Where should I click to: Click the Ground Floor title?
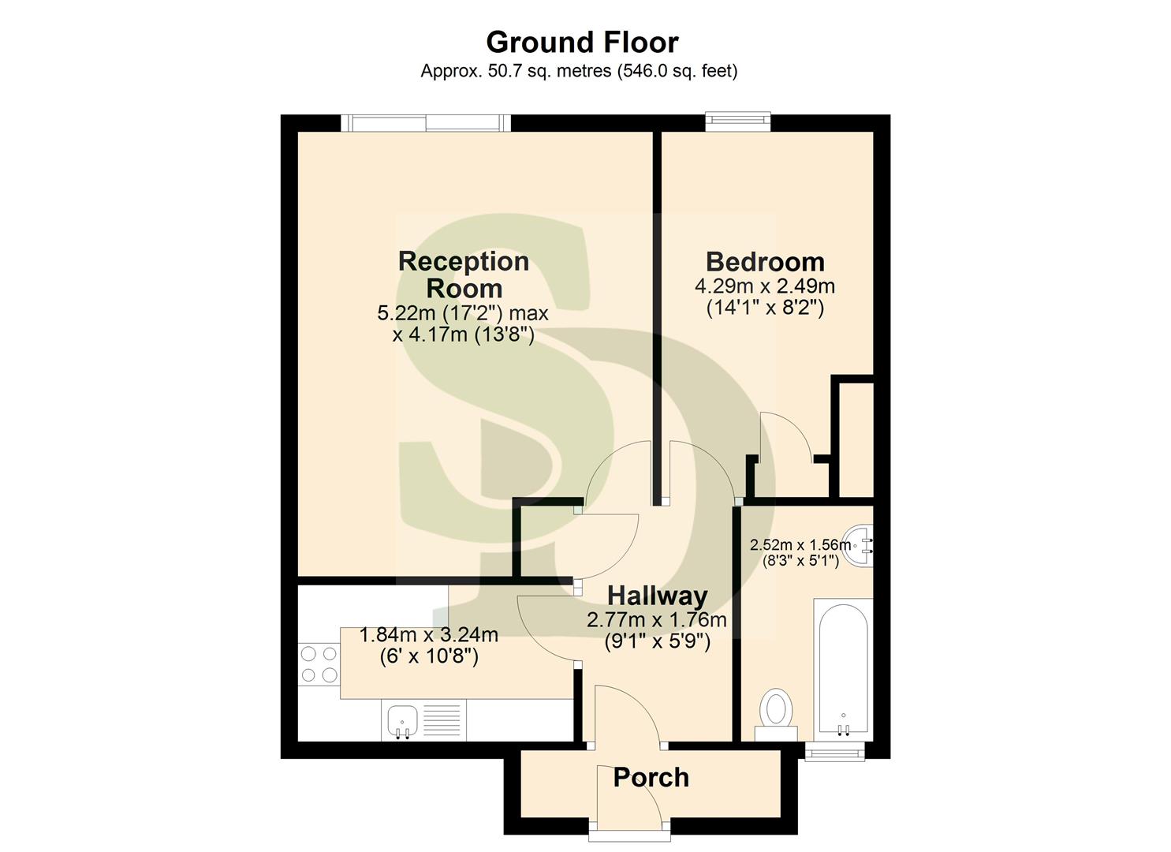(582, 42)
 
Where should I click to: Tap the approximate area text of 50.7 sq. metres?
(579, 71)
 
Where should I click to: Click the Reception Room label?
(464, 274)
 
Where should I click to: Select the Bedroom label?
(765, 262)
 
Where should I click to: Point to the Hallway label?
(657, 596)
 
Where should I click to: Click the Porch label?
(651, 778)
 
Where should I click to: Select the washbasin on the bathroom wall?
(860, 544)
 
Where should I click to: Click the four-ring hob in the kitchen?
(319, 663)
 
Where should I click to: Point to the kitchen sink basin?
(403, 721)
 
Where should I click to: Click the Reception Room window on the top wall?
(426, 122)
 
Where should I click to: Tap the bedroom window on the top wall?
(737, 121)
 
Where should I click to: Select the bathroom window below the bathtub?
(834, 753)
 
